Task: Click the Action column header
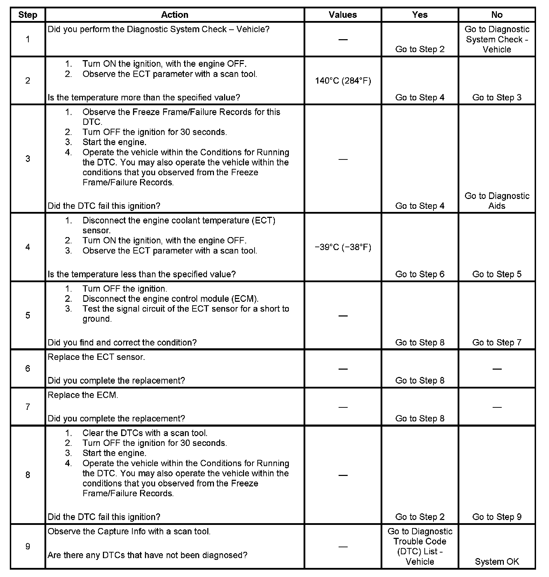174,15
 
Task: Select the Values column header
342,15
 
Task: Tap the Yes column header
419,15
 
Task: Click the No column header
496,15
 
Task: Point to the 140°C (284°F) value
343,81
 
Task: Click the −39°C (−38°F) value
343,247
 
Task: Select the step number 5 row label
28,315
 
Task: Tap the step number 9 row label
28,546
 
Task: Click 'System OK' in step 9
496,562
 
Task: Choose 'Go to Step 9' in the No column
496,517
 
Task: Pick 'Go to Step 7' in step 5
496,342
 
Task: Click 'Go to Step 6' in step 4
419,274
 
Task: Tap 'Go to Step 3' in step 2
496,98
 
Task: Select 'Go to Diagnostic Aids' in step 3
496,201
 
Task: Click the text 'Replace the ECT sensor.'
96,357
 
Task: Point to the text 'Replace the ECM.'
83,395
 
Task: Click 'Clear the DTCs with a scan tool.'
145,433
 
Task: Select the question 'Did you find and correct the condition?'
122,342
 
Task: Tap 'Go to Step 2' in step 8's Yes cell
419,517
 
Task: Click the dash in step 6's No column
496,369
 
